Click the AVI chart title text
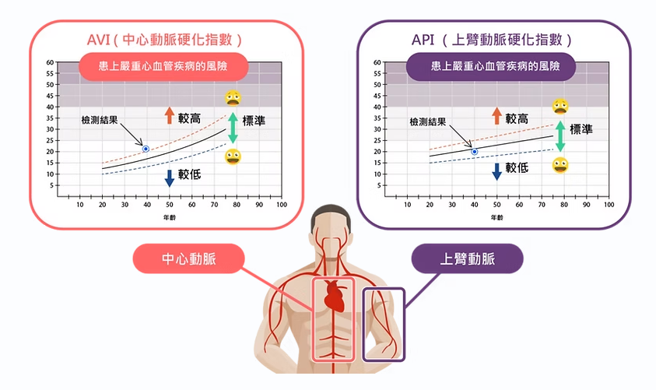(x=165, y=40)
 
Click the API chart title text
(x=493, y=40)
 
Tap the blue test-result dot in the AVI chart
(x=146, y=148)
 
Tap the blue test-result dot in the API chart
(x=475, y=152)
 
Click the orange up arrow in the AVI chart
(x=169, y=117)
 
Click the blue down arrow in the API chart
(x=496, y=171)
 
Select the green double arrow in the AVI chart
(x=232, y=128)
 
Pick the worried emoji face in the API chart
(x=560, y=106)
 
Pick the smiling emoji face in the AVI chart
(x=232, y=157)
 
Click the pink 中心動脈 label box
(x=189, y=259)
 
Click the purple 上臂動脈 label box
(x=468, y=259)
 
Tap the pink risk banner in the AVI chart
(x=163, y=66)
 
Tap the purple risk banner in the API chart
(x=492, y=66)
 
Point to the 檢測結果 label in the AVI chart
(x=100, y=121)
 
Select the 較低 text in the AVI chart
(x=189, y=175)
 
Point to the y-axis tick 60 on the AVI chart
(x=50, y=62)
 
